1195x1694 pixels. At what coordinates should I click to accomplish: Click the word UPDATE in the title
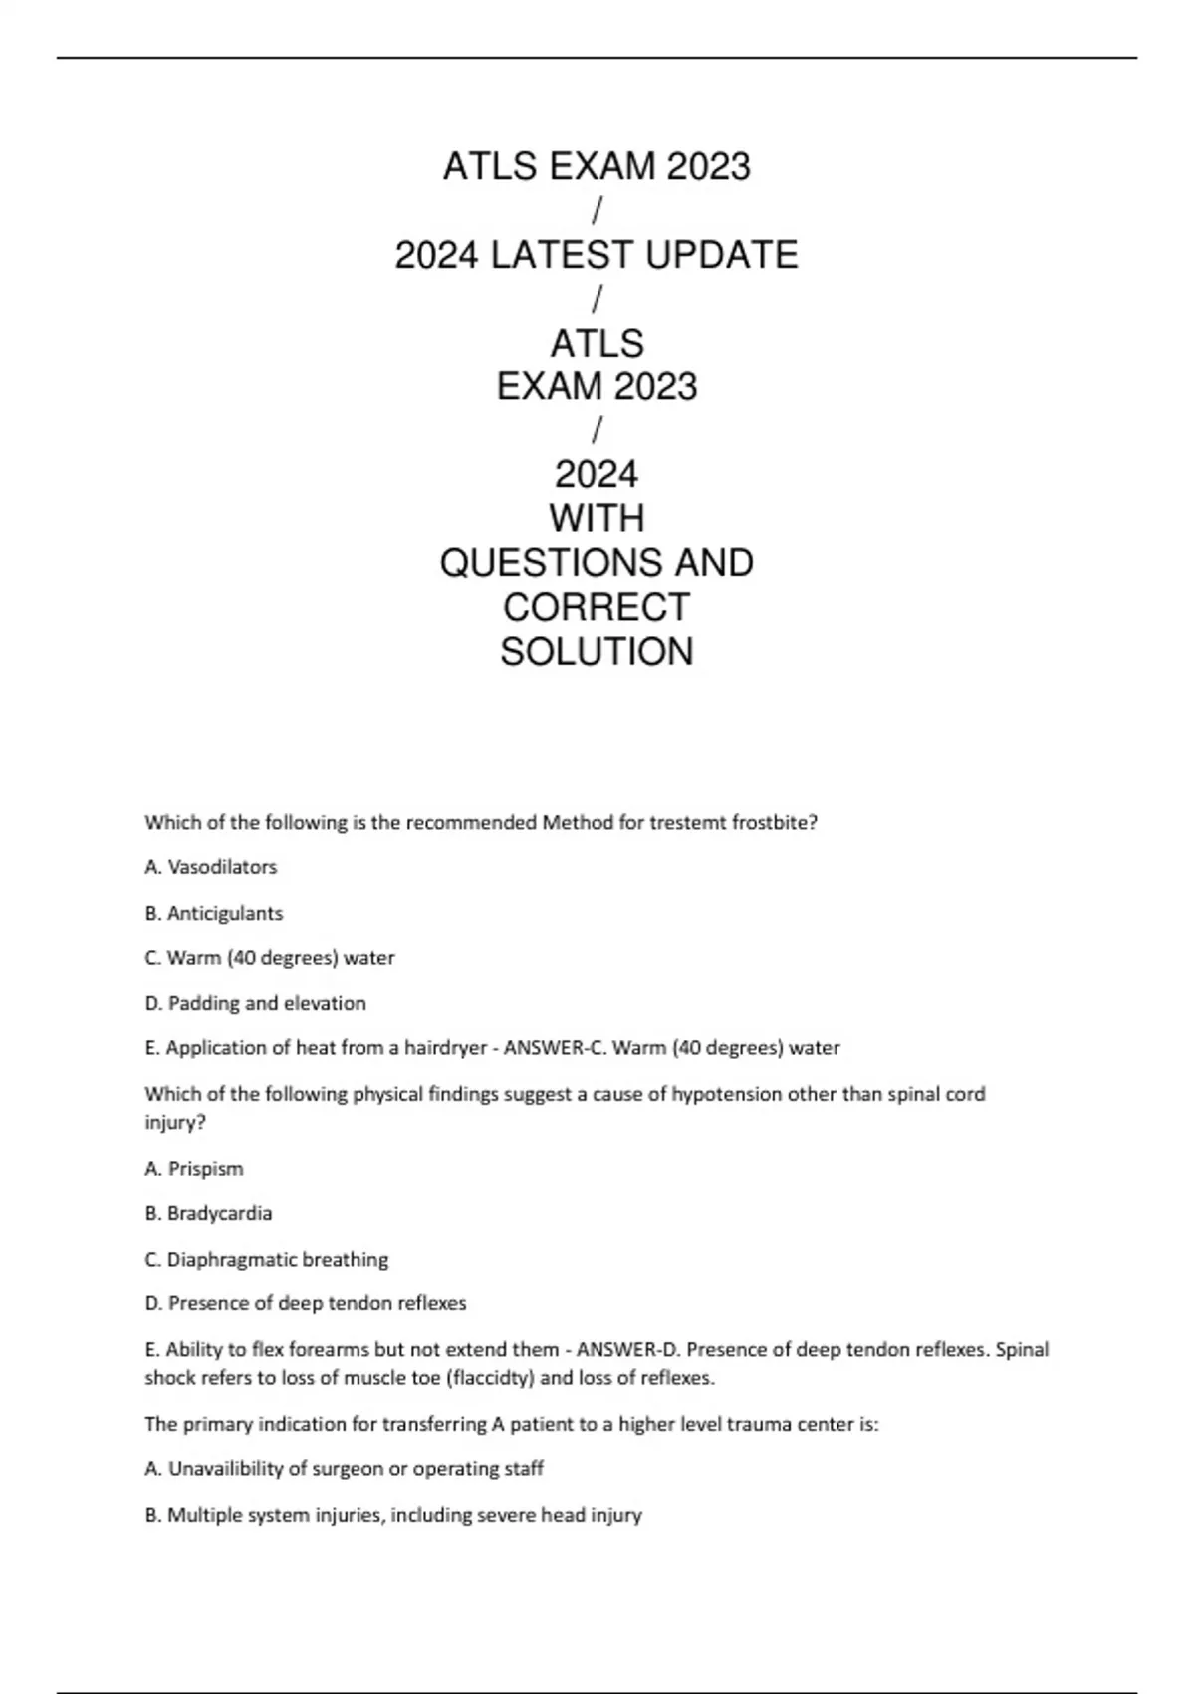(x=721, y=255)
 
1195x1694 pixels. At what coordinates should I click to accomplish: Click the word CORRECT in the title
(x=597, y=607)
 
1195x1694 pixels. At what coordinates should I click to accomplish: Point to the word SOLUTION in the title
(x=597, y=652)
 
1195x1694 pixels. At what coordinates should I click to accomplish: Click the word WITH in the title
(x=597, y=518)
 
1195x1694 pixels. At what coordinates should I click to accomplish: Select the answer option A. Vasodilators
(x=211, y=867)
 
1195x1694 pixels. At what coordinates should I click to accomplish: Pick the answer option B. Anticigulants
(x=214, y=913)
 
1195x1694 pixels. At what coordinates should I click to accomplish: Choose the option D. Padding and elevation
(x=256, y=1003)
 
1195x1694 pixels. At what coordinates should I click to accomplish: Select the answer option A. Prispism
(x=194, y=1168)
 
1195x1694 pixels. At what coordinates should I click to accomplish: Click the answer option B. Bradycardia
(x=208, y=1213)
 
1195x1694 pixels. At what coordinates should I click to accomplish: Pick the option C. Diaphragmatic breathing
(x=267, y=1259)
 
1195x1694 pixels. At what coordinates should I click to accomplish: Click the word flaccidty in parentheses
(x=495, y=1378)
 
